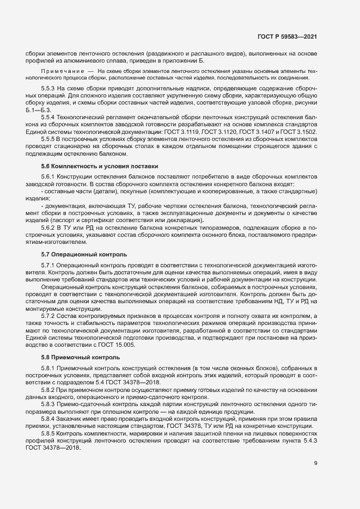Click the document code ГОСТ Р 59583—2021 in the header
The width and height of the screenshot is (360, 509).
(x=287, y=36)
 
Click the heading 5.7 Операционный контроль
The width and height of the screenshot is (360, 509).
(x=77, y=254)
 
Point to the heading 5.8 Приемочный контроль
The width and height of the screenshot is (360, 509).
(x=74, y=357)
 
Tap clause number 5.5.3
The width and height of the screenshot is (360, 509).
(x=48, y=88)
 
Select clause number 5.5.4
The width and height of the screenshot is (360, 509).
(x=48, y=118)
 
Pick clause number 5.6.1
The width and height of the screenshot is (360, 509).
(x=48, y=176)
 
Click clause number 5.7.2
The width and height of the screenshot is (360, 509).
(x=48, y=316)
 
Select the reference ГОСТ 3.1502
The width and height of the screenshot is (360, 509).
(x=300, y=132)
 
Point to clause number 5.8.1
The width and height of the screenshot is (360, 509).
(x=48, y=369)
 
